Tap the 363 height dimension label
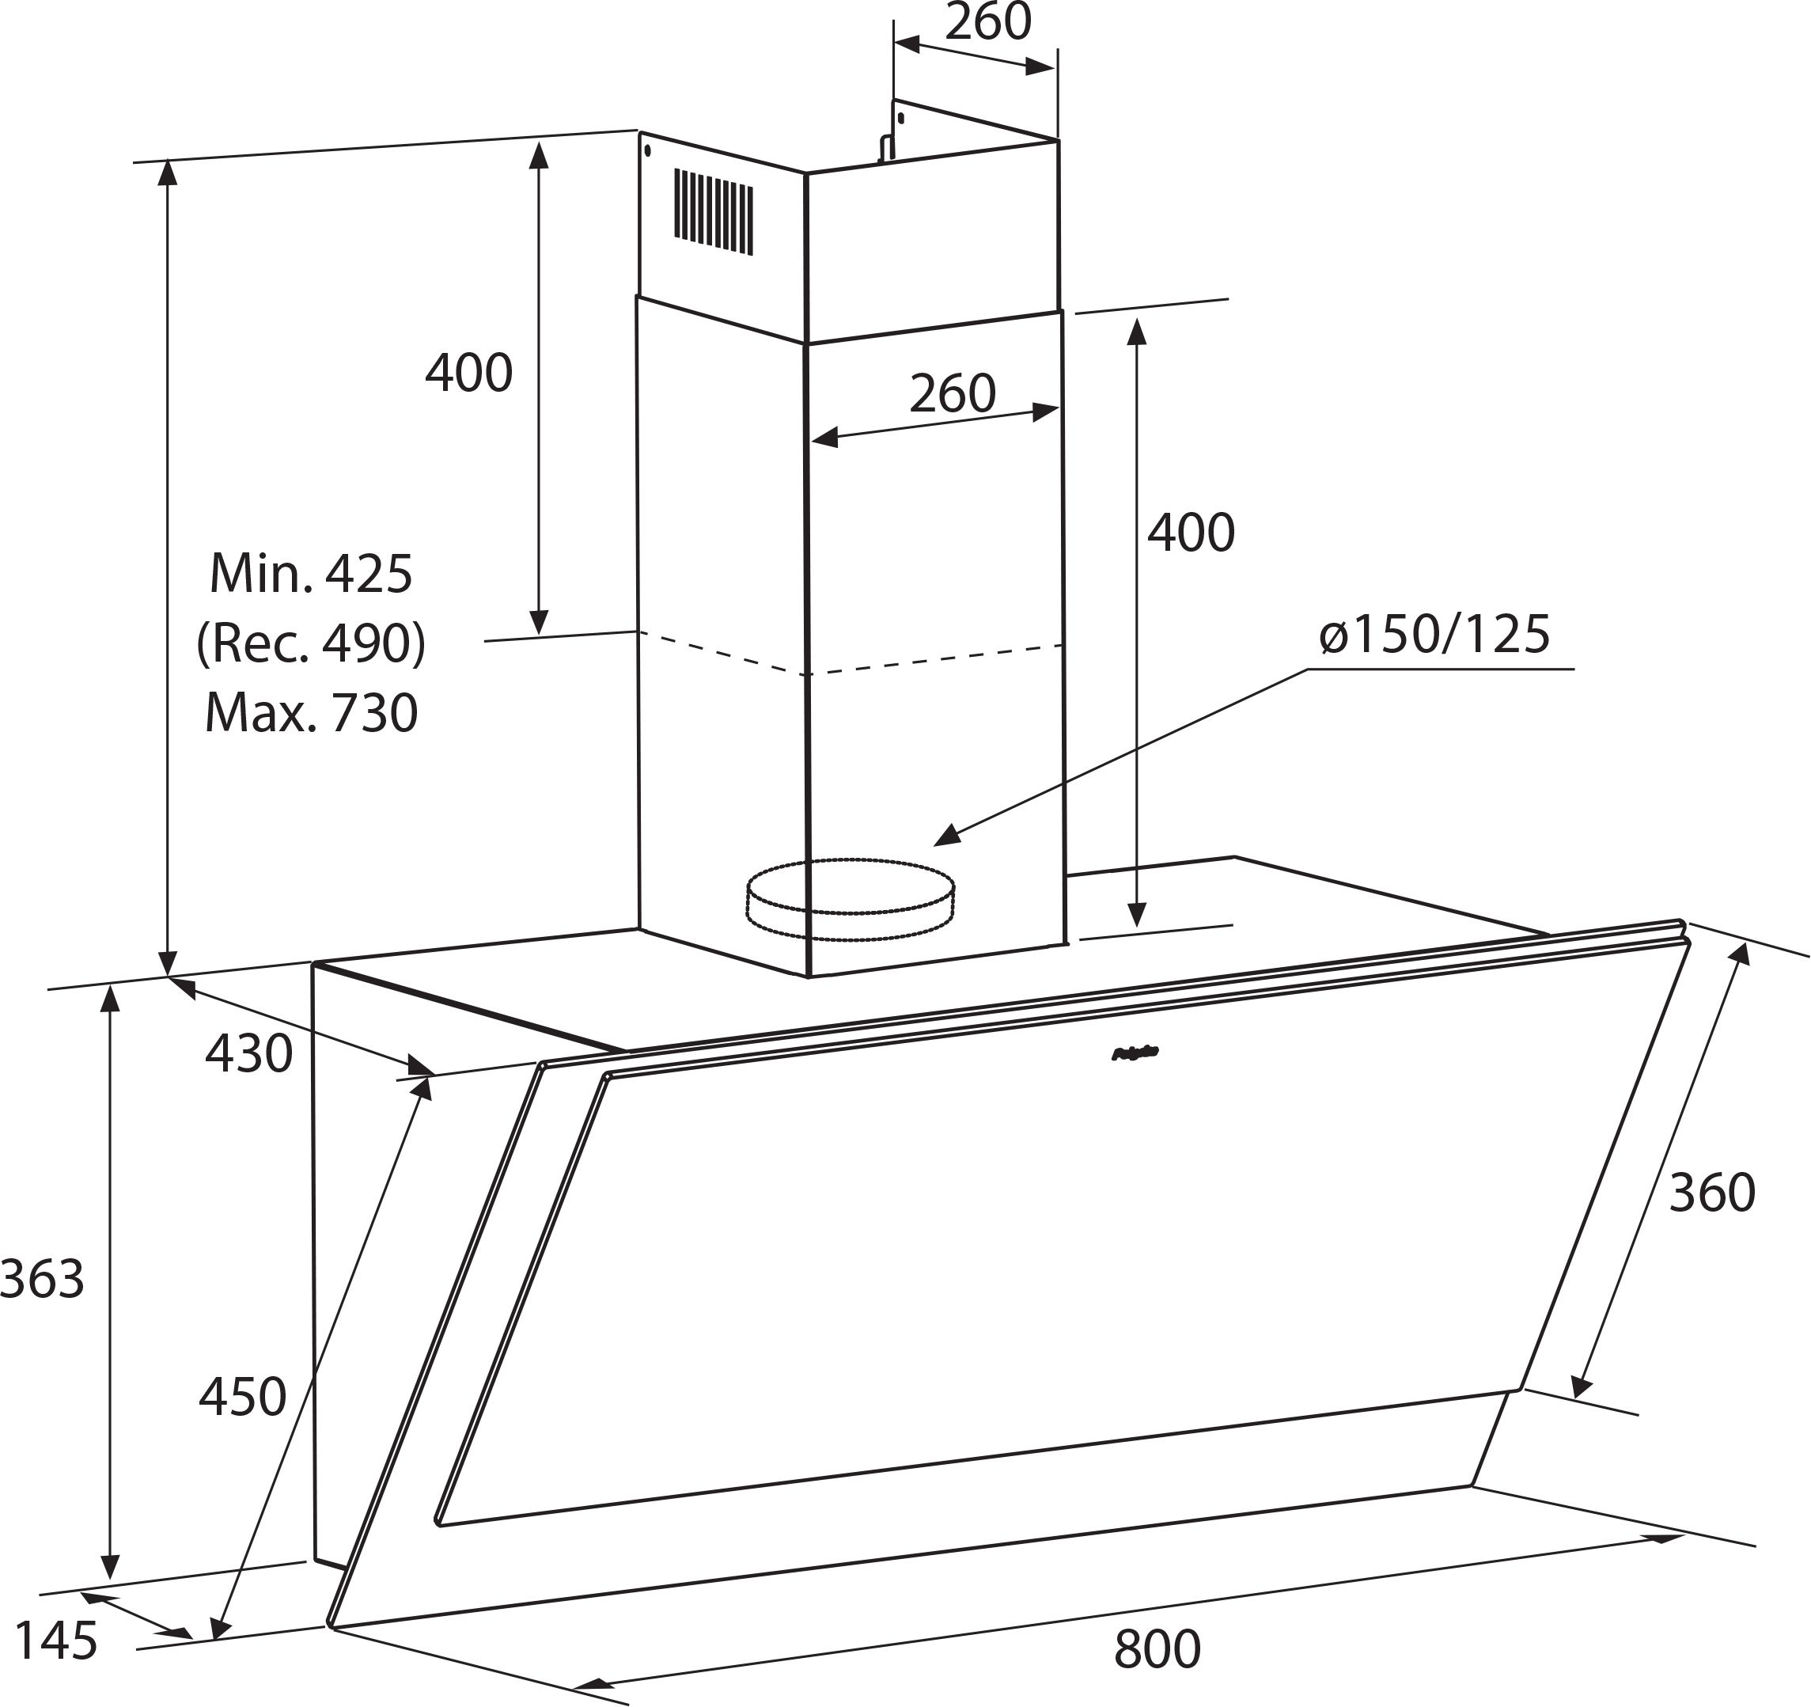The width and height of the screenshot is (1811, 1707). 42,1279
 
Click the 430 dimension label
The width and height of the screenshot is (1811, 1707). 248,1053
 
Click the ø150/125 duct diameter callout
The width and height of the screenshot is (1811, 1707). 1434,635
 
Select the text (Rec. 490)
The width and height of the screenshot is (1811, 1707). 311,643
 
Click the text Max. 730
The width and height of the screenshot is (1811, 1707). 311,713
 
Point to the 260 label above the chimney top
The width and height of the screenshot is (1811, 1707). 987,22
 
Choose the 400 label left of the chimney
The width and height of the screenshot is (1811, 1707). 469,373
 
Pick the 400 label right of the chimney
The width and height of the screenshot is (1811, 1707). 1191,533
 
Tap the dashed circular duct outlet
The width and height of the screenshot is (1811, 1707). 850,899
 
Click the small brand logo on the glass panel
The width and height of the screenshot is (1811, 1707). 1135,1053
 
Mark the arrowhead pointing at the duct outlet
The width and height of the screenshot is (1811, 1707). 947,835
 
